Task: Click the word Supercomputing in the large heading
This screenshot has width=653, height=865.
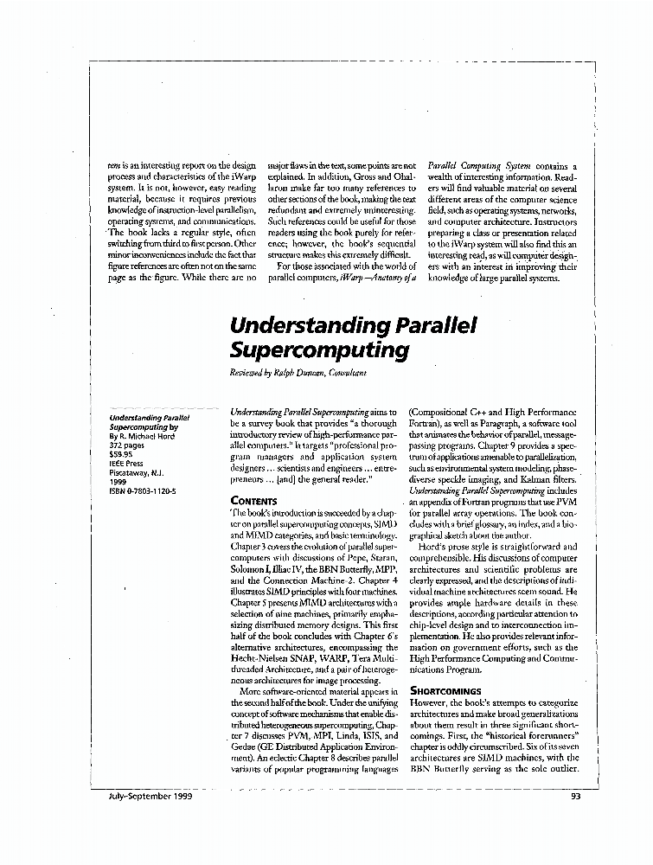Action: pyautogui.click(x=318, y=350)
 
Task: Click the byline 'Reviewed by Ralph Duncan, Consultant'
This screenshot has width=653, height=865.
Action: pyautogui.click(x=298, y=372)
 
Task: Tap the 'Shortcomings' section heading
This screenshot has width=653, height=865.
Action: pyautogui.click(x=445, y=691)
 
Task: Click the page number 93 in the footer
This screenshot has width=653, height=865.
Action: pyautogui.click(x=576, y=797)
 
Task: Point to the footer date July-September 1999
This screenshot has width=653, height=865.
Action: pyautogui.click(x=134, y=797)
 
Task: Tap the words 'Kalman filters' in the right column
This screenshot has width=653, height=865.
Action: pyautogui.click(x=543, y=477)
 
